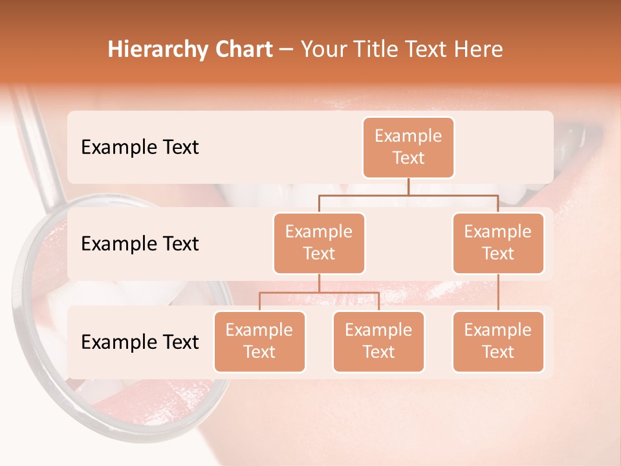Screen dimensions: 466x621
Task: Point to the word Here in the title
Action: click(x=477, y=50)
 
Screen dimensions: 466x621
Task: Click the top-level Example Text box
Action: click(x=408, y=147)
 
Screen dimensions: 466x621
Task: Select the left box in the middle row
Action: click(x=319, y=243)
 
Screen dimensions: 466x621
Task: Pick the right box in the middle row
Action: click(x=498, y=243)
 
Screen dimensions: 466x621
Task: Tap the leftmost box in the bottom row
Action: click(x=259, y=341)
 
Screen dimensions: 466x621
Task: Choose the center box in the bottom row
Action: click(x=378, y=341)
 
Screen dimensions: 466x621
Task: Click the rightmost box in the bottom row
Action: click(x=498, y=341)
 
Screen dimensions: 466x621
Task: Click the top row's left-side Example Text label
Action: click(x=140, y=147)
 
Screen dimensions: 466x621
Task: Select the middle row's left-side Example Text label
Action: click(x=140, y=243)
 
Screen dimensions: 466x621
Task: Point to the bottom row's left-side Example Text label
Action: click(x=140, y=342)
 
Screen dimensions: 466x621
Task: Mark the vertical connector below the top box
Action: click(x=408, y=186)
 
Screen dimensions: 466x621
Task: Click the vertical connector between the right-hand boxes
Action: click(x=498, y=293)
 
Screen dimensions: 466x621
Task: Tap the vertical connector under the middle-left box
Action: click(x=319, y=283)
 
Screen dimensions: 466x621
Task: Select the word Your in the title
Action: click(x=323, y=50)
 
